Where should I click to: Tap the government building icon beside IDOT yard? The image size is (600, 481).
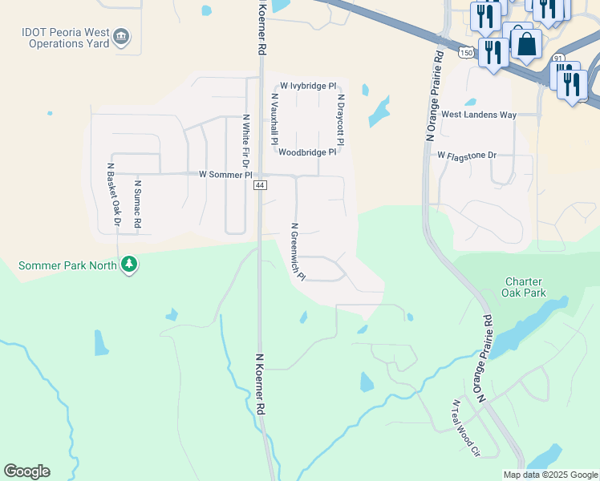(121, 37)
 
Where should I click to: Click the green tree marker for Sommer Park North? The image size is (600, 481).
(128, 265)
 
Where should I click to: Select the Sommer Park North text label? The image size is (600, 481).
(67, 265)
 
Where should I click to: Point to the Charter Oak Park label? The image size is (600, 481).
(525, 287)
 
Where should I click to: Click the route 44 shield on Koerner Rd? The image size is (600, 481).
(260, 185)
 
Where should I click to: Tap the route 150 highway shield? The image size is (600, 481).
(466, 52)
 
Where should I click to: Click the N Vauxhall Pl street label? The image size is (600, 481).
(274, 118)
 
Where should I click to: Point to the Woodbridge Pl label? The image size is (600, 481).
(307, 152)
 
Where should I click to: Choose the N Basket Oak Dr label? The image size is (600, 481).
(113, 194)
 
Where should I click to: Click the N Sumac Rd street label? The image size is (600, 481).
(137, 204)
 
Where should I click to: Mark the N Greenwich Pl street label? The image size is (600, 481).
(298, 251)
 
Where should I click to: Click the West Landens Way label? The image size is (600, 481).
(478, 115)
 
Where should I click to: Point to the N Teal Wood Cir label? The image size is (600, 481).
(465, 428)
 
